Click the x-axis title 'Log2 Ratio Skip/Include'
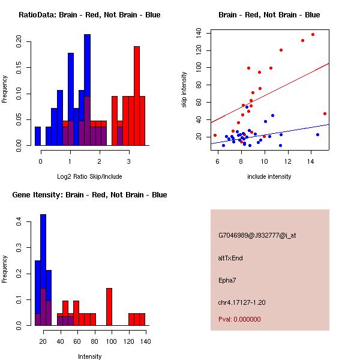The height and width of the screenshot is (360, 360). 89,176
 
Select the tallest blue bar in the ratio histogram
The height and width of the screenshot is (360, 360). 87,90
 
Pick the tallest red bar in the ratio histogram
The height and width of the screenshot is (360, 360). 137,96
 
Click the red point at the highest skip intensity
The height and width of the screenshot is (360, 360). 313,35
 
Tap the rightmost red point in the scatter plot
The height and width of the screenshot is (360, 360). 325,113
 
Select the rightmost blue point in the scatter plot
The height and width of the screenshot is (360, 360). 317,134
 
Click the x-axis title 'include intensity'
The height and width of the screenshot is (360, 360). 269,176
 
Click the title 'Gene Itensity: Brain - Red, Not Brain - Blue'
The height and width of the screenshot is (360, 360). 89,195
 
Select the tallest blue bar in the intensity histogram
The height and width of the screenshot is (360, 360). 43,270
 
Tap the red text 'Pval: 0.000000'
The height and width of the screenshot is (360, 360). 239,320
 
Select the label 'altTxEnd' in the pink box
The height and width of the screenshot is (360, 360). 230,258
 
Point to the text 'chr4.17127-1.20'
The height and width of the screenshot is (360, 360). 241,302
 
